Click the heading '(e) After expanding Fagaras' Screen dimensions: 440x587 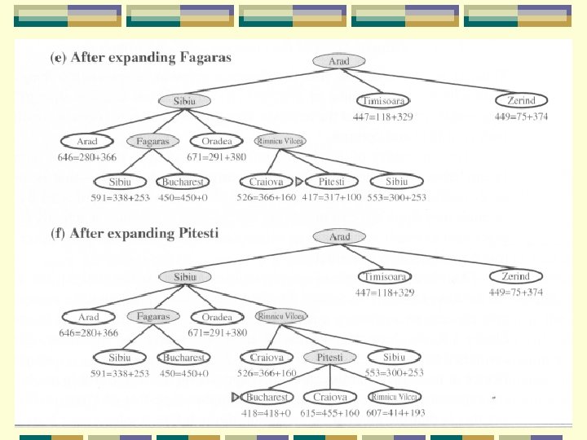point(141,58)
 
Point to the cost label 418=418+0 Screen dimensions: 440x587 point(266,414)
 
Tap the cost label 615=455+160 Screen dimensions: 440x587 point(330,414)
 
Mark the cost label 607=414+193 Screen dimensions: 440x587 point(395,414)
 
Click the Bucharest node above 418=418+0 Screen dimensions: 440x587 point(267,398)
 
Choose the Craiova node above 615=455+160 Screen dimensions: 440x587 point(330,398)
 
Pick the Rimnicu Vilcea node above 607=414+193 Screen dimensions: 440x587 point(395,397)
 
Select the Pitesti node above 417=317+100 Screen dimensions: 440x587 point(332,182)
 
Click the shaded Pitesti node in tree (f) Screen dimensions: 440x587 point(329,357)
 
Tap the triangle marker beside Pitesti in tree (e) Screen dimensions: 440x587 point(298,182)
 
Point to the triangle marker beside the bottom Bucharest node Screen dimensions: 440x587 point(235,398)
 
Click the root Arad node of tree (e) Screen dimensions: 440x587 point(339,61)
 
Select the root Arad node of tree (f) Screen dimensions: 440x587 point(340,237)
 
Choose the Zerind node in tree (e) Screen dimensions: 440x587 point(521,100)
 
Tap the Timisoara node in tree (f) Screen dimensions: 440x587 point(385,277)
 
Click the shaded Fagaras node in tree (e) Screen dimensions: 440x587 point(153,141)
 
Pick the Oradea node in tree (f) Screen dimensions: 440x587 point(217,317)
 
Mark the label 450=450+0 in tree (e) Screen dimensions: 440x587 point(183,198)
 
